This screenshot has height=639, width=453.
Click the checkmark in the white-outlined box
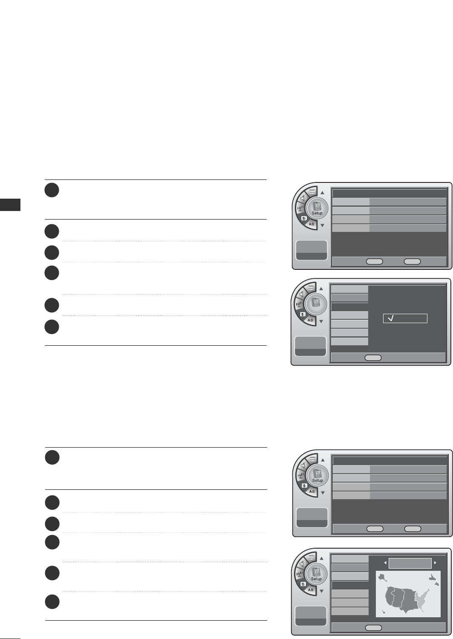click(x=391, y=318)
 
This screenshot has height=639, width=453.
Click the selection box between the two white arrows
click(x=410, y=563)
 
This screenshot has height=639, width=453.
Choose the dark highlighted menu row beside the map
click(x=350, y=585)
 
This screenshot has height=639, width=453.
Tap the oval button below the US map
click(x=374, y=627)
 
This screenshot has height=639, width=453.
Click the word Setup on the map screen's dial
click(x=316, y=579)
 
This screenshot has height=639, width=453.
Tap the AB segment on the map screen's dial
click(x=310, y=590)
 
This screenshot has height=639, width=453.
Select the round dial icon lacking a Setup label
click(x=316, y=302)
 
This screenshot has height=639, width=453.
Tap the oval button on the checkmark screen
click(x=373, y=358)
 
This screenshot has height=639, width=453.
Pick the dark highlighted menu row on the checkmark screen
click(x=349, y=307)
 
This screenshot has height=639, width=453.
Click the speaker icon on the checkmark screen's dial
click(x=302, y=293)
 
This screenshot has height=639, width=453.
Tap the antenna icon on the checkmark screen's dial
click(x=299, y=303)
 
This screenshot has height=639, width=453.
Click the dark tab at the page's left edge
click(x=10, y=204)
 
